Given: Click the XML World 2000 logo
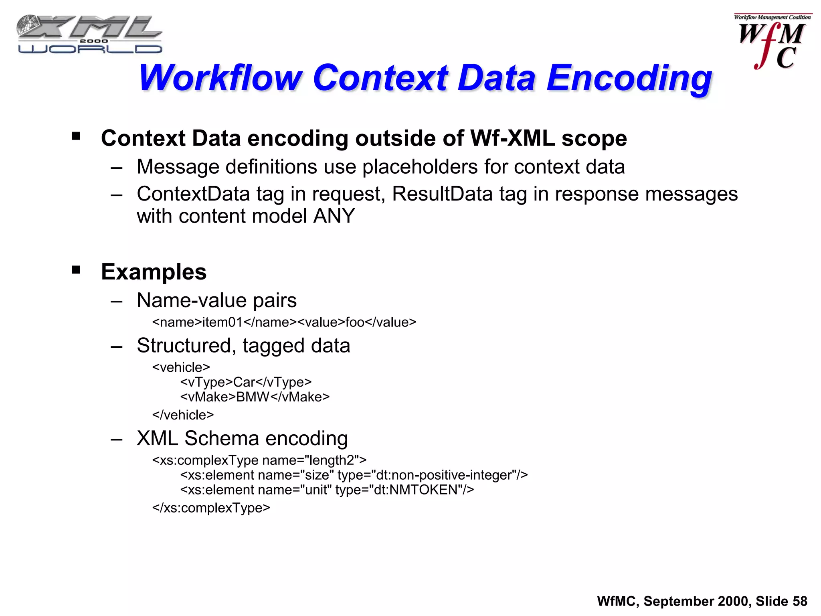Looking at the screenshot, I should tap(89, 34).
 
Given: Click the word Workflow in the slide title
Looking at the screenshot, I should tap(220, 78).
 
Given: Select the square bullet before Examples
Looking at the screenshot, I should tap(76, 270).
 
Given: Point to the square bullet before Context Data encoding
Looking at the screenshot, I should tap(76, 136).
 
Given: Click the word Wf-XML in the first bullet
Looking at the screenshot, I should tap(512, 139).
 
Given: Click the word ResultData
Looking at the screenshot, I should tap(442, 194).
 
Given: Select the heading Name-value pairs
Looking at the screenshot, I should tap(216, 300).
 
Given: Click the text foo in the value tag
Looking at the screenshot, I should tap(355, 322).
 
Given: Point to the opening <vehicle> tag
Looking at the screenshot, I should tap(181, 367).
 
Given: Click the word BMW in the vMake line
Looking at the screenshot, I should tap(253, 397).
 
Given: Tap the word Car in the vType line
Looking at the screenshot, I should tap(244, 382).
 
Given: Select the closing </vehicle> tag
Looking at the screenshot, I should tap(183, 415).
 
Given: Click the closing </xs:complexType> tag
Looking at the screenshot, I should tap(211, 508).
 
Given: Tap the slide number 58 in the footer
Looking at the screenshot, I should tap(799, 601).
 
